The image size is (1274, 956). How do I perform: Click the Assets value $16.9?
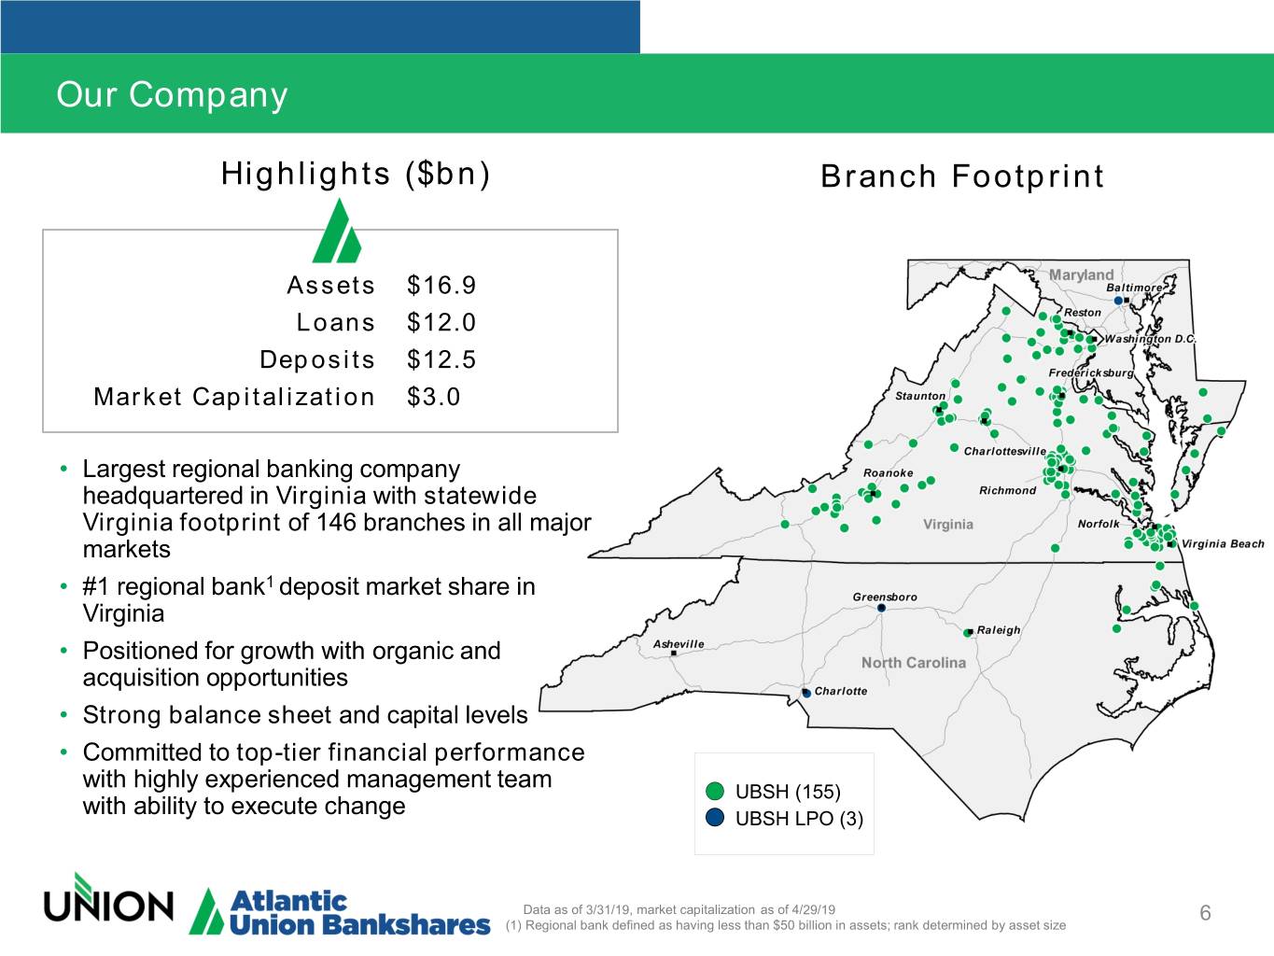441,285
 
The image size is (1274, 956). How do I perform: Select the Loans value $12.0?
441,322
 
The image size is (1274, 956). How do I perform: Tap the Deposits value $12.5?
441,359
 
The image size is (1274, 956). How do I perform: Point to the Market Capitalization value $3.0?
433,397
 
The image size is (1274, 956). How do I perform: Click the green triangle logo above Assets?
337,231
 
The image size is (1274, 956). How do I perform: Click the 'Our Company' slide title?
172,94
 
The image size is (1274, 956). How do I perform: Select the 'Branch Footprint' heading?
961,176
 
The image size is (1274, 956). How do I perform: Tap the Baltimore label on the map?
1134,288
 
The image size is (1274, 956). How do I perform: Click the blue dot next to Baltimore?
1118,301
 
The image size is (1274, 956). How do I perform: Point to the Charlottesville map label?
1004,451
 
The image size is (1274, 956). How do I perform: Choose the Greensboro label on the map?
885,597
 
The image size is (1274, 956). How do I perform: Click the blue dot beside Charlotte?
806,693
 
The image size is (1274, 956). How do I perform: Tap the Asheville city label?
679,644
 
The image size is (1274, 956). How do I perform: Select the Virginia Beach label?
1223,544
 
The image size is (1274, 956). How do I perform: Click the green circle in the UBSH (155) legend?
715,791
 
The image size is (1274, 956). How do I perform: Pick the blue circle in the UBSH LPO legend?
715,818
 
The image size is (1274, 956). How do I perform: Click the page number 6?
1206,913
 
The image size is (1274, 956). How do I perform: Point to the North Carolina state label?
914,662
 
